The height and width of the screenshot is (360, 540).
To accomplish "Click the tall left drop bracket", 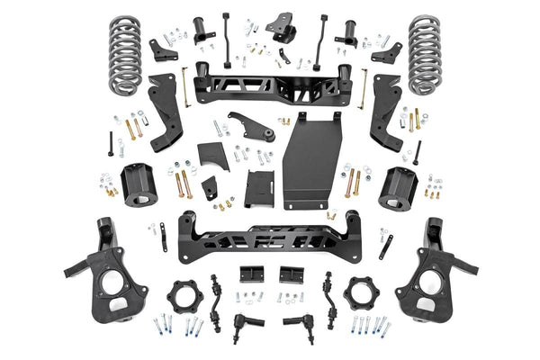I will click(x=165, y=112).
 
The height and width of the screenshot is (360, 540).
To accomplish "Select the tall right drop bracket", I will click(x=385, y=112).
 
